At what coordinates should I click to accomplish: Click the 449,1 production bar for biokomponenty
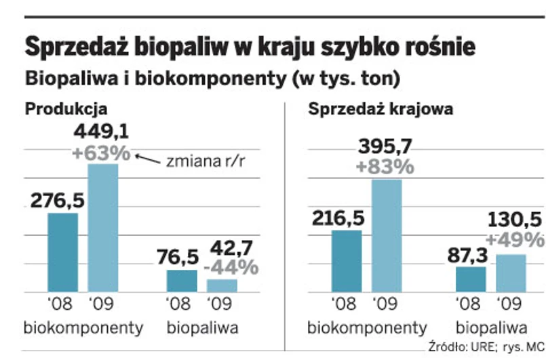pyautogui.click(x=102, y=228)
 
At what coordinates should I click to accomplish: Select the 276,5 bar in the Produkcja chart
pyautogui.click(x=62, y=253)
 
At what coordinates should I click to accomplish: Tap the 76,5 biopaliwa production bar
pyautogui.click(x=182, y=281)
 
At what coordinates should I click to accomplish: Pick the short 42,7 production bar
pyautogui.click(x=222, y=285)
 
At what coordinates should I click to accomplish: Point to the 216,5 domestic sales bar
pyautogui.click(x=347, y=261)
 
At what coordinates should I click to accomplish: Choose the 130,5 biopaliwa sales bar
pyautogui.click(x=511, y=273)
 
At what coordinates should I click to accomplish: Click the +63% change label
pyautogui.click(x=100, y=153)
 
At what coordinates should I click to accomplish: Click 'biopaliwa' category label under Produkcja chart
pyautogui.click(x=202, y=329)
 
